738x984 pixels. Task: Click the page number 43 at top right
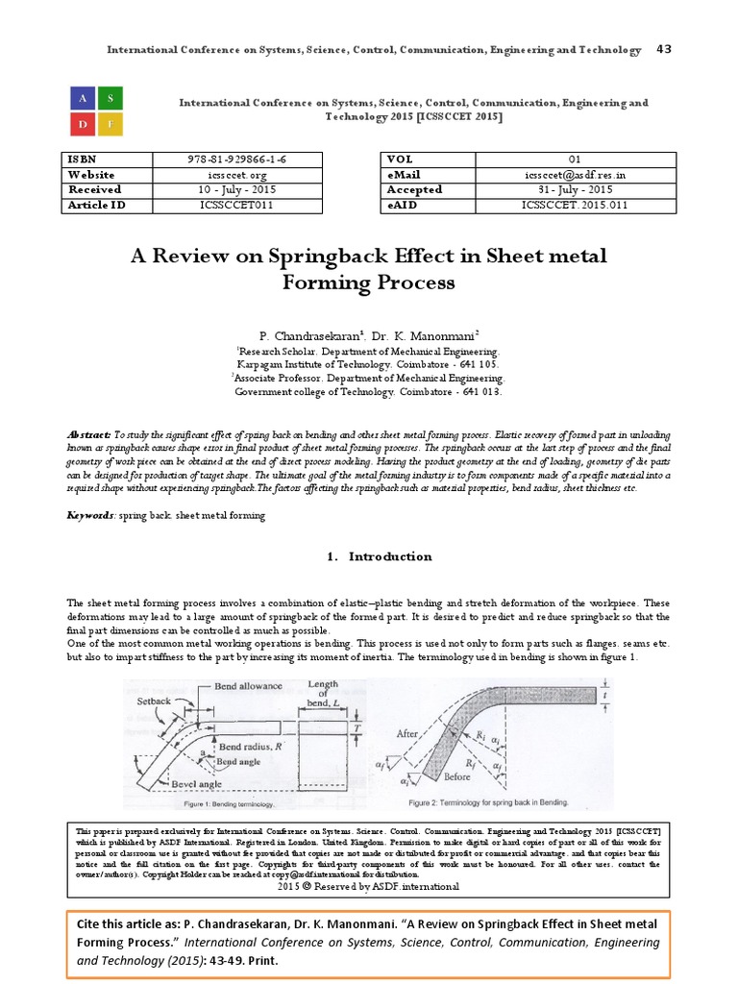point(662,49)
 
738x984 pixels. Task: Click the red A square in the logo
point(83,97)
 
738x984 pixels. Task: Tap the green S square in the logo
point(111,97)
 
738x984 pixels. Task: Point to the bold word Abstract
point(88,434)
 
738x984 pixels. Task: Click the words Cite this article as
point(142,923)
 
